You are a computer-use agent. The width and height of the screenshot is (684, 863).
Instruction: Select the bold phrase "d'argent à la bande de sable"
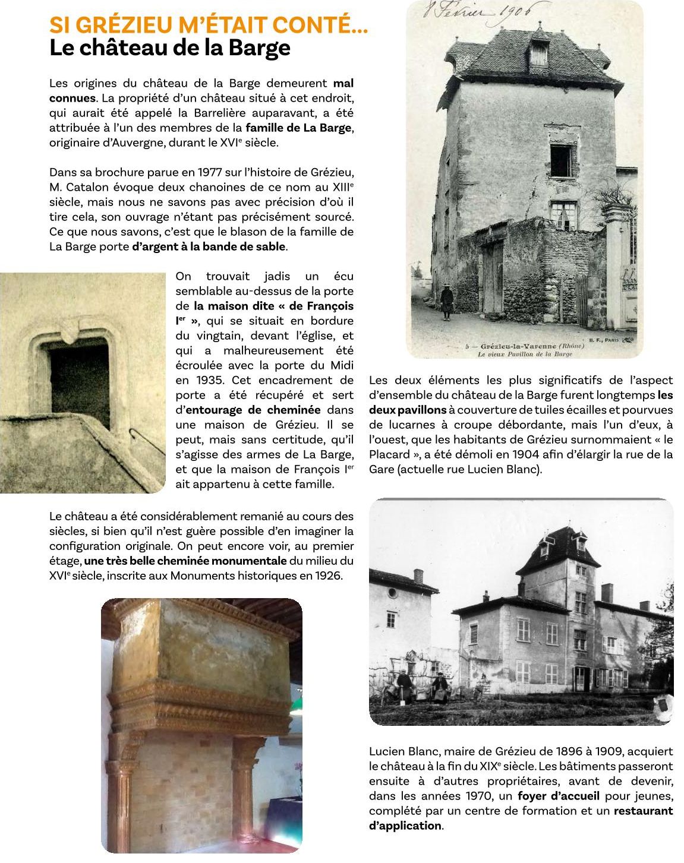(209, 246)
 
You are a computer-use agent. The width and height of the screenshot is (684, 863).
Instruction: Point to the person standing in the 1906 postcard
(446, 302)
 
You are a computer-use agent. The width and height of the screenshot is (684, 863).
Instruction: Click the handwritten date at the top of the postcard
(484, 12)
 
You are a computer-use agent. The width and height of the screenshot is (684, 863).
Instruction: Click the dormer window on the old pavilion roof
(538, 52)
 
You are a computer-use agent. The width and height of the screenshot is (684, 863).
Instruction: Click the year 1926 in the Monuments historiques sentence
(328, 576)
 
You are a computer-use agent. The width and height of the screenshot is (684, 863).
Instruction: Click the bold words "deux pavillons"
(408, 410)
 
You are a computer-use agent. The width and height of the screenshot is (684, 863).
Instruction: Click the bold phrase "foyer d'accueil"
(558, 796)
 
